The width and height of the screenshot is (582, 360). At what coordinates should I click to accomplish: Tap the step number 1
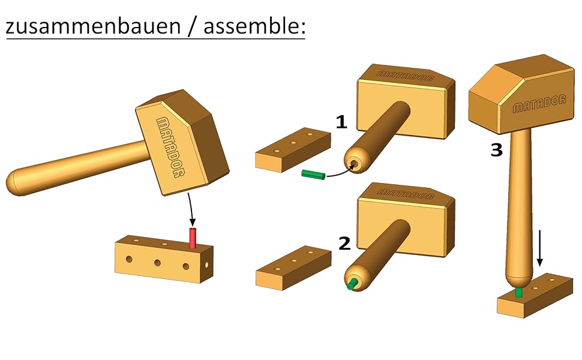coord(341,123)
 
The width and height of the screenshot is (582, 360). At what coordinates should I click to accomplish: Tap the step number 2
coord(344,243)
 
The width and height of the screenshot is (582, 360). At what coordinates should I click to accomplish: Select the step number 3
coord(496,150)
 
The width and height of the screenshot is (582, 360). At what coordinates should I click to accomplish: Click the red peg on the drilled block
coord(193,238)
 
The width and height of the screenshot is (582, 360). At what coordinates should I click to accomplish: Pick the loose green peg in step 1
coord(313,175)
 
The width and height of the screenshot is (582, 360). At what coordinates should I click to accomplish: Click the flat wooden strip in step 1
coord(293,150)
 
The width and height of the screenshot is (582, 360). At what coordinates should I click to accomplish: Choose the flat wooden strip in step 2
coord(293,268)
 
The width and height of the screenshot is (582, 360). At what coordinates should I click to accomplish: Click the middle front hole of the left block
coord(157,262)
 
